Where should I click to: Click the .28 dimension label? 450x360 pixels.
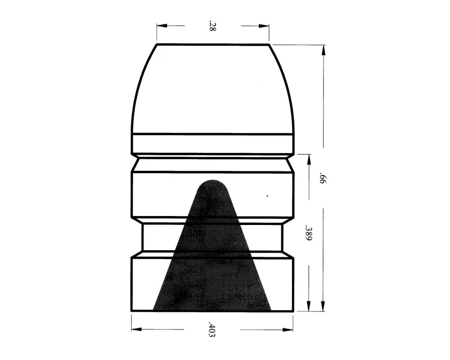pos(212,26)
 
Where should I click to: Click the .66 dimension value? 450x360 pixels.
pos(323,178)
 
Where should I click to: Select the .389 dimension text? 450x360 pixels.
pos(309,233)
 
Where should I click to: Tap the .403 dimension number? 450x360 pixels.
pos(212,329)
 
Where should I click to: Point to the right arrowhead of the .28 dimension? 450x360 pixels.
pos(264,26)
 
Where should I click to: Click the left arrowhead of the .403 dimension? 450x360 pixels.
pos(137,329)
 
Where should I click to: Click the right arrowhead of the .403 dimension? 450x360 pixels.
pos(288,329)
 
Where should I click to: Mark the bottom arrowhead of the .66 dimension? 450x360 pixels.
pos(323,306)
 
